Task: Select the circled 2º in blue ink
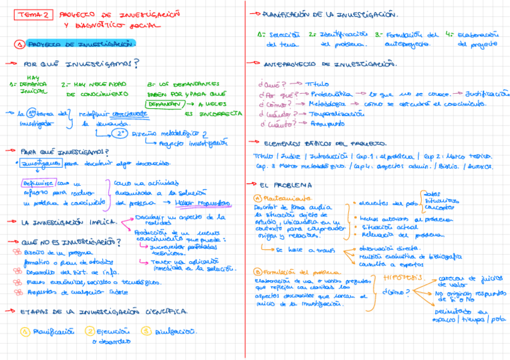pos(121,133)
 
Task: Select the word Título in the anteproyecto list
pos(318,84)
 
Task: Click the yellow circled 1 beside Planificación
pos(25,331)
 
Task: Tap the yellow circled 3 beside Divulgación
pos(146,331)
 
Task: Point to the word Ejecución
pos(115,331)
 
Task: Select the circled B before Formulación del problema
pos(258,272)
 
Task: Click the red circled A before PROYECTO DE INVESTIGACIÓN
pos(20,44)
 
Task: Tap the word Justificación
pos(487,94)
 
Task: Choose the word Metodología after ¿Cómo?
pos(328,104)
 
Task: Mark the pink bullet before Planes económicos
pos(18,282)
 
